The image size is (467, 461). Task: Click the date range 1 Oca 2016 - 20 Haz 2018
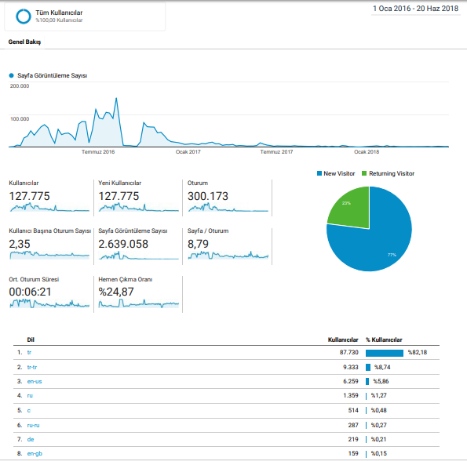click(x=415, y=9)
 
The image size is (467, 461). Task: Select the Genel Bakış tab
click(x=24, y=42)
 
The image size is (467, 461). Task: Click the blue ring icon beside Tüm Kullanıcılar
click(x=24, y=16)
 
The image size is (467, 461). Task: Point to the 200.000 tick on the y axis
click(x=20, y=86)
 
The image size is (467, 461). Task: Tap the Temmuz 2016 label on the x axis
click(x=98, y=151)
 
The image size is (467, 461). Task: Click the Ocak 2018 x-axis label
click(x=367, y=151)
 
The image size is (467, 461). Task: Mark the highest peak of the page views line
click(x=116, y=98)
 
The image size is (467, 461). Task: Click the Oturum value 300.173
click(x=208, y=196)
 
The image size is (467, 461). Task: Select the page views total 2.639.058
click(x=123, y=244)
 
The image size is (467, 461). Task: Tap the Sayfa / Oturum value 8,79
click(x=198, y=244)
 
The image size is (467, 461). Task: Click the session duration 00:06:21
click(x=30, y=292)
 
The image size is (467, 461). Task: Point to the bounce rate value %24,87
click(x=116, y=292)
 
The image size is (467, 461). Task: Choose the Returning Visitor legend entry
click(x=388, y=173)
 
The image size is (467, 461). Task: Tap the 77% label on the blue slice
click(x=392, y=255)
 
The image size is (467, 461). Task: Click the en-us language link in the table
click(x=35, y=381)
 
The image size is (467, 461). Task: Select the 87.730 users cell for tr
click(x=349, y=352)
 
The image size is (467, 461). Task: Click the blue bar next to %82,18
click(x=385, y=353)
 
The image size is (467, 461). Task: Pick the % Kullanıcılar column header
click(x=385, y=339)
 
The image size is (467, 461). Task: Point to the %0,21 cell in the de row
click(x=379, y=439)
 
